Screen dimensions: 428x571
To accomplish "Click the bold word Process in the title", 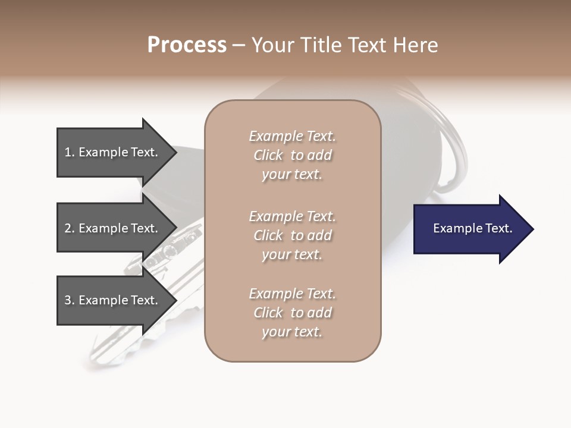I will click(187, 45).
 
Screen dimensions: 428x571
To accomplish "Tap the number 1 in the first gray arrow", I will click(68, 152).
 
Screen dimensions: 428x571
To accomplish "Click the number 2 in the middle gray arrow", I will click(68, 228).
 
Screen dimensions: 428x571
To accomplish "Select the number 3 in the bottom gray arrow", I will click(68, 300).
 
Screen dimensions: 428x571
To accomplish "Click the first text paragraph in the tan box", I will click(292, 155).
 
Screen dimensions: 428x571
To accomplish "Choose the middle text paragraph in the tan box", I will click(292, 235).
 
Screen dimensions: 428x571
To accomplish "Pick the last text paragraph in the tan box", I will click(292, 313).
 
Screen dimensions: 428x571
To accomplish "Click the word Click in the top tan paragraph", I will click(268, 155).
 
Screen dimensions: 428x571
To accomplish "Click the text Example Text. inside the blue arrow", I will click(472, 228).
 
